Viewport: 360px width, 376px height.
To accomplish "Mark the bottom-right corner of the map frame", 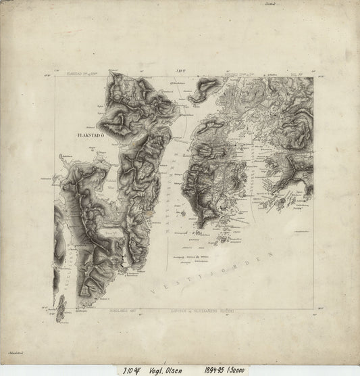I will point(312,310).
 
